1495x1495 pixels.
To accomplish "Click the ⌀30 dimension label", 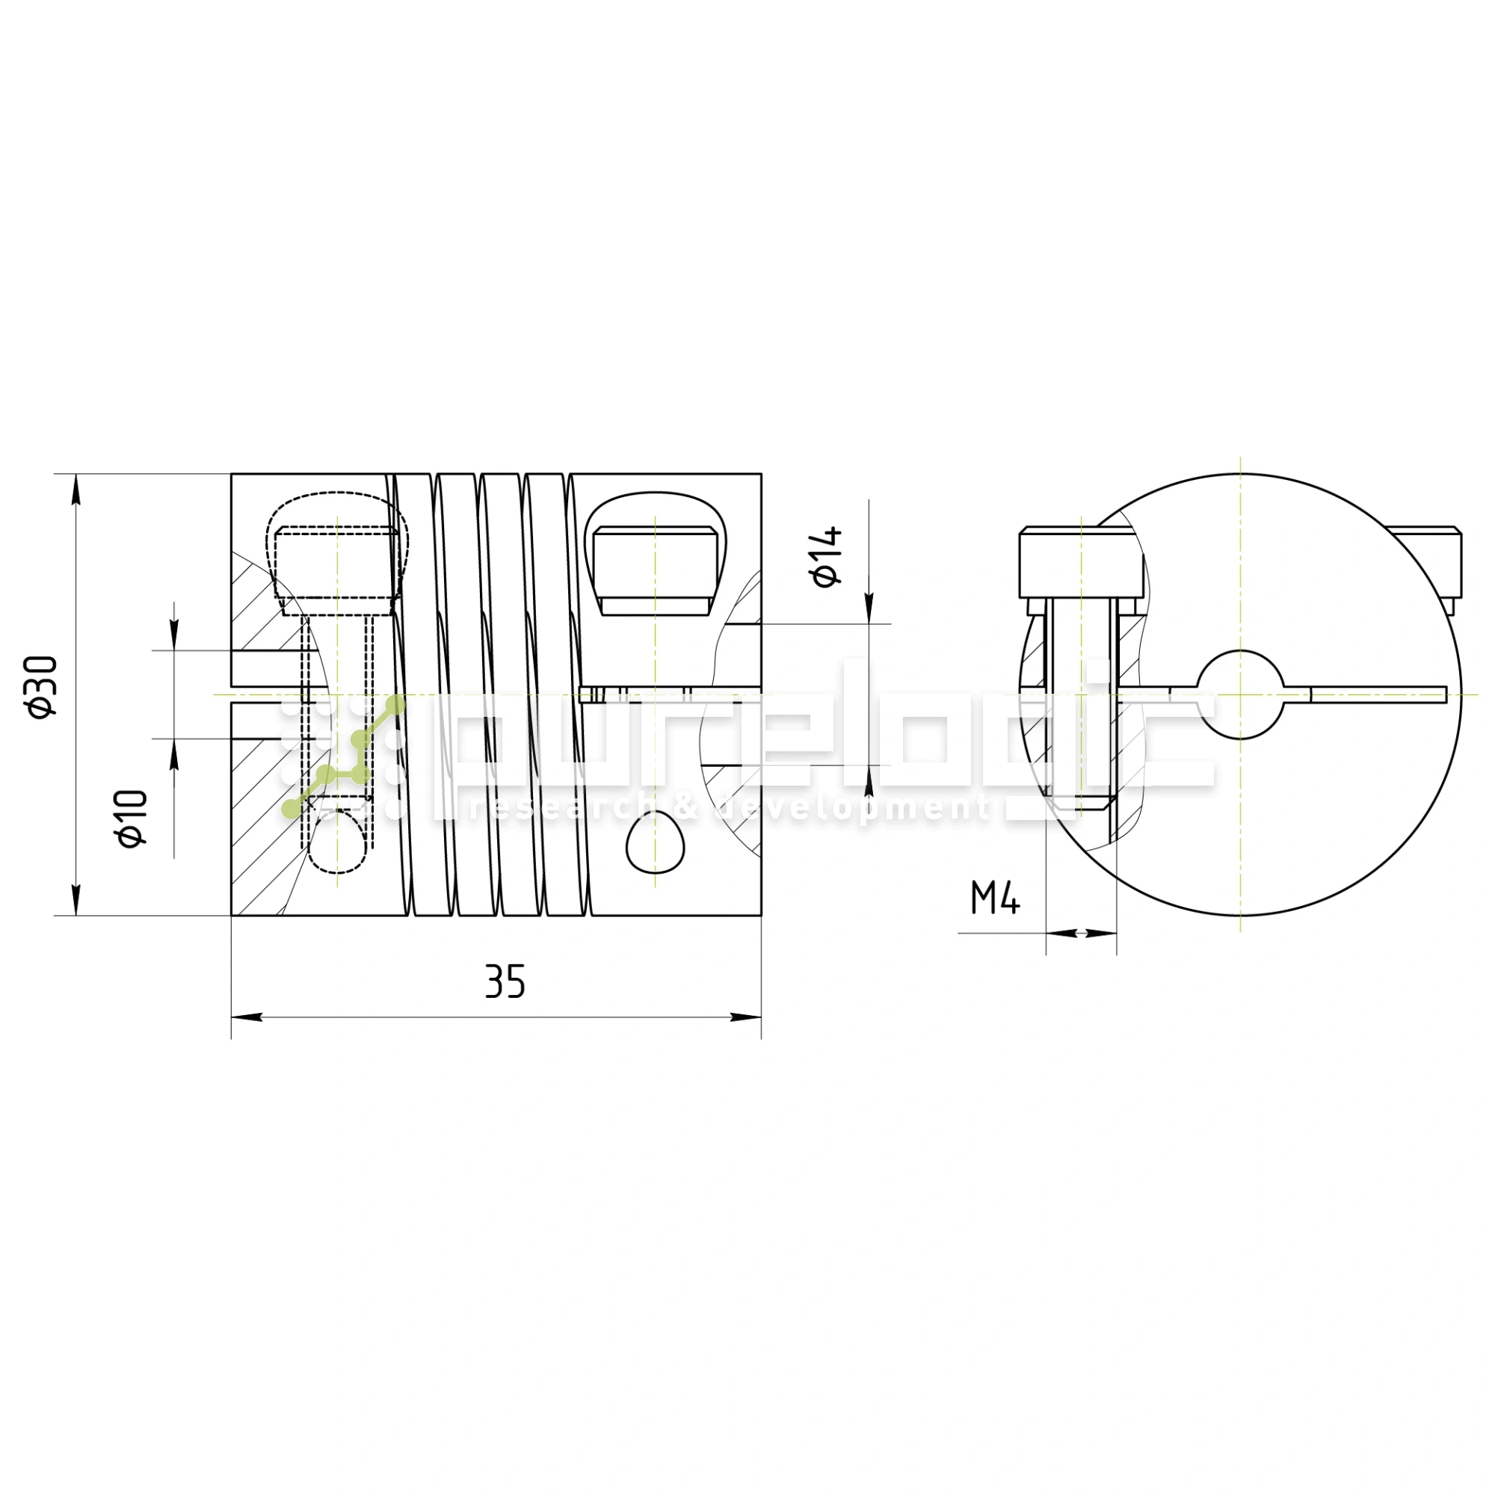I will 42,686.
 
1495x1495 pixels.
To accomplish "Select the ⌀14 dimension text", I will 826,556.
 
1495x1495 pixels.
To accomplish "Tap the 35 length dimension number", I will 505,982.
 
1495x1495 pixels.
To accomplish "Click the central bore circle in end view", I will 1239,694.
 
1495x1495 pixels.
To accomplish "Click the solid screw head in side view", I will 655,570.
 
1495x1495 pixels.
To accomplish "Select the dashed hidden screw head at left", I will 337,562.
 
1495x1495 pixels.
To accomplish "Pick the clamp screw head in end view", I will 1080,564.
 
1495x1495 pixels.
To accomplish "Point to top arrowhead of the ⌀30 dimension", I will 75,487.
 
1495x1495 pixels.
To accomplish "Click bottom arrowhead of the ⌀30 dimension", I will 75,902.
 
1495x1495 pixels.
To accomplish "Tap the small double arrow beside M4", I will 1081,933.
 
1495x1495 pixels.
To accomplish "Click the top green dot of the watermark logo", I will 395,704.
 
